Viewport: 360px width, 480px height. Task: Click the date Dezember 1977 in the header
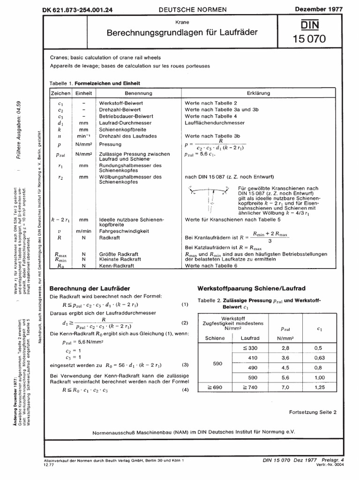coord(328,9)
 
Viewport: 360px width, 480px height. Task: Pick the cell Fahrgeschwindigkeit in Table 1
coord(122,231)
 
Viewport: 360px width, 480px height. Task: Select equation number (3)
coord(185,364)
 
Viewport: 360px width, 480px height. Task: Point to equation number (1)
coord(185,305)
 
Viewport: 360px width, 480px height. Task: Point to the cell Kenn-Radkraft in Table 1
coord(117,265)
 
